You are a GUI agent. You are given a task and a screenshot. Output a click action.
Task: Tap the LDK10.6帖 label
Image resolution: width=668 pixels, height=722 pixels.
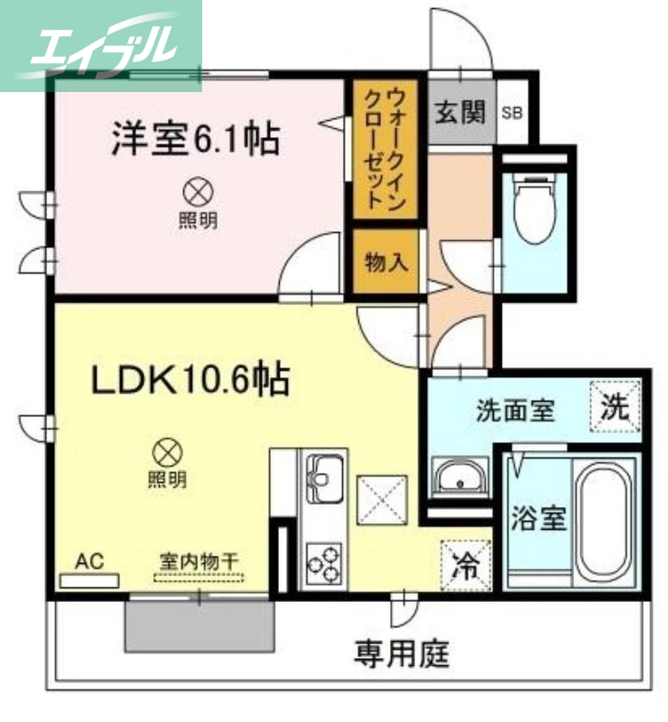point(190,380)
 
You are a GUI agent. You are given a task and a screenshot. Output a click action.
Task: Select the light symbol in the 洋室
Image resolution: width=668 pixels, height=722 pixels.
point(196,191)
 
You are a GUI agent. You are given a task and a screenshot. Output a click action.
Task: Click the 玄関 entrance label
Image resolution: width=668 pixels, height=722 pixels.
point(460,113)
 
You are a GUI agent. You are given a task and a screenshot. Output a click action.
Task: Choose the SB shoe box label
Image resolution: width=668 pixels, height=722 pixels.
point(512,114)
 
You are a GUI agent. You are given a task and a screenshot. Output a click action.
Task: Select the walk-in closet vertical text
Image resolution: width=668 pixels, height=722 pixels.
point(385,149)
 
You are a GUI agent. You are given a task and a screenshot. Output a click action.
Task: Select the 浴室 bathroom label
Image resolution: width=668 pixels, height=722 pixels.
point(539,519)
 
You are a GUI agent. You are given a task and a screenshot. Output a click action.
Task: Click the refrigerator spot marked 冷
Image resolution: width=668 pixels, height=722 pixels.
point(466,565)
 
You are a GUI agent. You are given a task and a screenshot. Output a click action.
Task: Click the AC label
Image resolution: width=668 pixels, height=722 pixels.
point(89,561)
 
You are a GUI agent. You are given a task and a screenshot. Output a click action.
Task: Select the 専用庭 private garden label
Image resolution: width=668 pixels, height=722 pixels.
point(402,652)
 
